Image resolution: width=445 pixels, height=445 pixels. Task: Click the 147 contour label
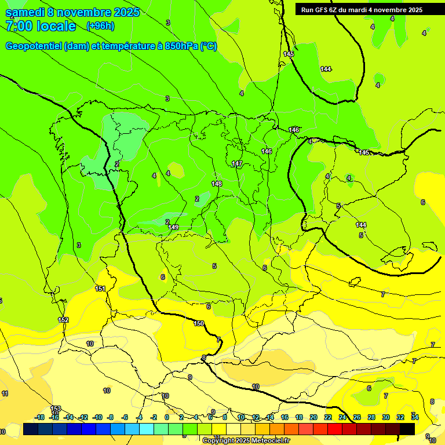[x=237, y=164]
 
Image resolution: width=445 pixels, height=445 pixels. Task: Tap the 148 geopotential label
[x=217, y=184]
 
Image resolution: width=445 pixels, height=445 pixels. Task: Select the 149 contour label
[x=174, y=227]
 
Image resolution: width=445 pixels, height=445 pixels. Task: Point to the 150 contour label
[x=199, y=323]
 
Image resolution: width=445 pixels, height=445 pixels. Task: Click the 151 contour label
[x=100, y=289]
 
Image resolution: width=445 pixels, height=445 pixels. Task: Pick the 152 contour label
[x=63, y=320]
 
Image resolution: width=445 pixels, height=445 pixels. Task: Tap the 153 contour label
[x=56, y=409]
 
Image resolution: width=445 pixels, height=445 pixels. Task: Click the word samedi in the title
[x=27, y=12]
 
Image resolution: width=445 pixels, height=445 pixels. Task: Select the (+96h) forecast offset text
[x=100, y=25]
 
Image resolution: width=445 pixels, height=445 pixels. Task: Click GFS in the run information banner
[x=321, y=10]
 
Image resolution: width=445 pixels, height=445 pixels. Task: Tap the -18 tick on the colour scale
[x=40, y=417]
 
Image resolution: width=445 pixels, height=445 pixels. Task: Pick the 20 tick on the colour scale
[x=313, y=417]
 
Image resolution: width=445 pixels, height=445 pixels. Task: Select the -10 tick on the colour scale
[x=97, y=417]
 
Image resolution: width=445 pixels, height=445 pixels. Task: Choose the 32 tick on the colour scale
[x=400, y=417]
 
